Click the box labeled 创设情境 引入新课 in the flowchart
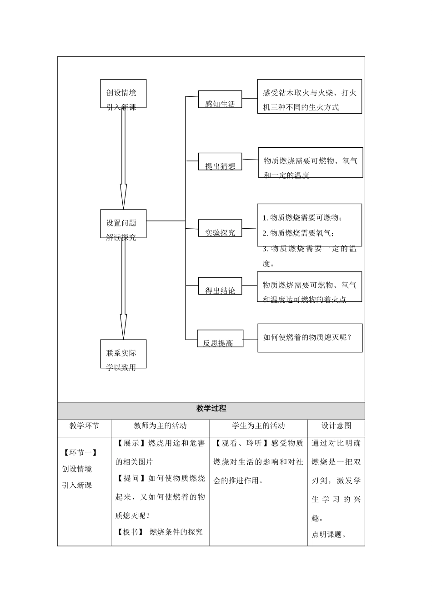(123, 94)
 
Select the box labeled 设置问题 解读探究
(123, 224)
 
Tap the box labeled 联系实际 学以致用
(123, 354)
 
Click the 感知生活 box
(220, 100)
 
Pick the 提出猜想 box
(220, 162)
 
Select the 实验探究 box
(220, 228)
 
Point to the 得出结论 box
(220, 286)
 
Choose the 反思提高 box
(220, 339)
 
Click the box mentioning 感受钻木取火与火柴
(309, 96)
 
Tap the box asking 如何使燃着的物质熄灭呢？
(310, 338)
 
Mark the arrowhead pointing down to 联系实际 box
(123, 327)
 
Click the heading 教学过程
(211, 409)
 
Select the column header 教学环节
(84, 426)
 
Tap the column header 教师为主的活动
(160, 426)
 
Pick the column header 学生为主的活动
(258, 426)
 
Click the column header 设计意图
(336, 426)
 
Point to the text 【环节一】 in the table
(80, 452)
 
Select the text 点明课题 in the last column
(327, 535)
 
